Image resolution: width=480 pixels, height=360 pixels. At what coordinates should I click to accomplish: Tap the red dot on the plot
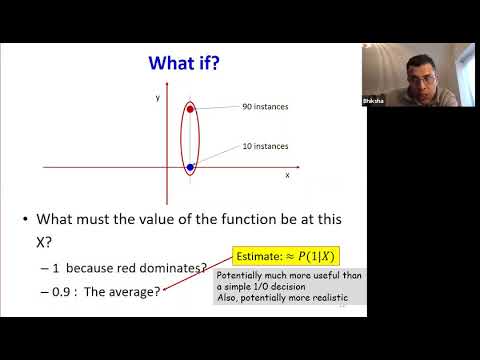coord(190,108)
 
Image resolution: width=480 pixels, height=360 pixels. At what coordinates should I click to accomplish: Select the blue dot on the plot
coord(190,168)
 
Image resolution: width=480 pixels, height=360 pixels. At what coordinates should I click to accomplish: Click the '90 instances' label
coord(265,107)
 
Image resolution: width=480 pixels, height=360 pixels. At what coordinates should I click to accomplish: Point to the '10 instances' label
coord(265,146)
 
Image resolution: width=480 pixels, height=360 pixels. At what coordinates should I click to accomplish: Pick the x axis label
coord(287,175)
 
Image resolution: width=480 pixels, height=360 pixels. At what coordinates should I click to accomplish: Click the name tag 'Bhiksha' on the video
coord(371,102)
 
